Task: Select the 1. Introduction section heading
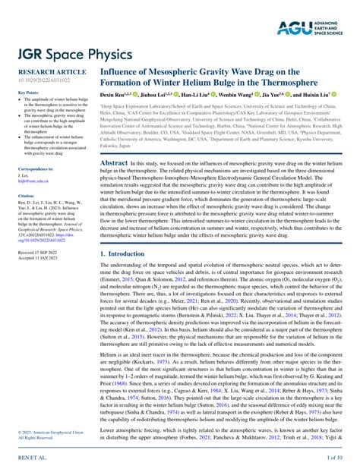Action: click(x=125, y=254)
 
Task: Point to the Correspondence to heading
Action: click(x=36, y=168)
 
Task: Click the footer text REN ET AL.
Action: click(x=28, y=458)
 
